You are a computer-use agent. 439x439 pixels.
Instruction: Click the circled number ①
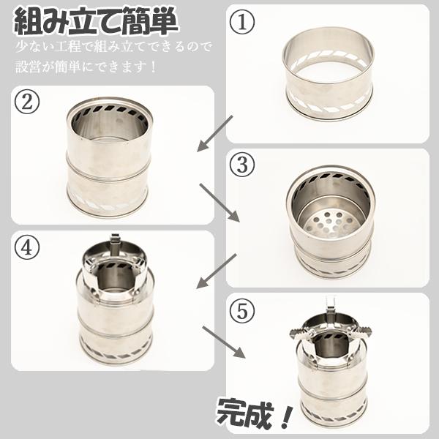(x=243, y=23)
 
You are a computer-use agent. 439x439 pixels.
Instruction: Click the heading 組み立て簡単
(x=96, y=22)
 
